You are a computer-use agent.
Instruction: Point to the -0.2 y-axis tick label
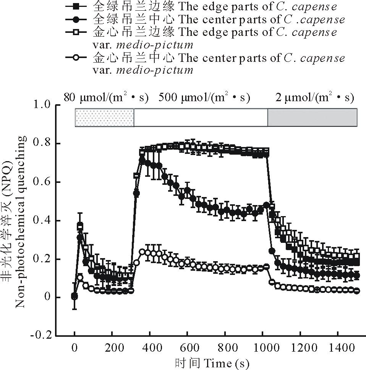tap(42, 336)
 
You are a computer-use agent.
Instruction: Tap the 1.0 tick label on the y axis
tap(43, 105)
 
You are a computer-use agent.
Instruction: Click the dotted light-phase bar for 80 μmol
tap(104, 118)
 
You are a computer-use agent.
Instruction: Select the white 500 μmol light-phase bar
tap(201, 118)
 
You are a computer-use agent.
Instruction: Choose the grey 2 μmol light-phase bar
tap(312, 118)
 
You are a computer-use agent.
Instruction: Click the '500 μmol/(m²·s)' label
tap(204, 98)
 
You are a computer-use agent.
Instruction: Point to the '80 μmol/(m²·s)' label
tap(106, 98)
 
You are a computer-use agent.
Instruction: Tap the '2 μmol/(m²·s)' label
tap(314, 98)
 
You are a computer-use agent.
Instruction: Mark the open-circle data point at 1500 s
tap(357, 291)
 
